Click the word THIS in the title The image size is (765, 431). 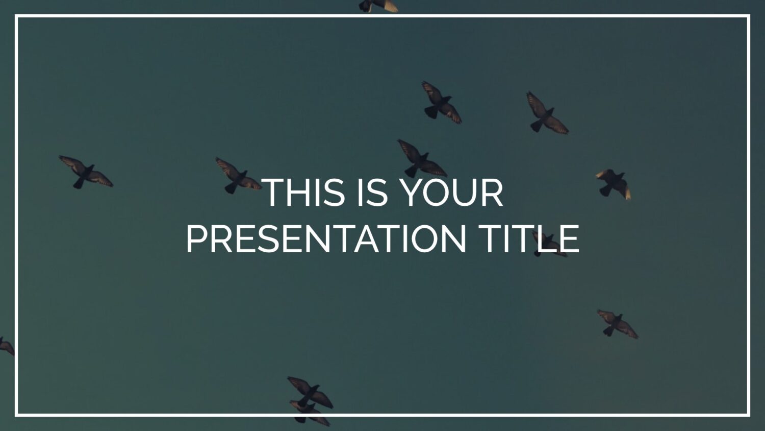coord(305,193)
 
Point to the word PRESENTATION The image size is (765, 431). coord(326,239)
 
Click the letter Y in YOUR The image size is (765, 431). coord(412,193)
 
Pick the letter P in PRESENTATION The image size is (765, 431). coord(196,239)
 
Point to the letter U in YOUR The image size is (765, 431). coord(466,193)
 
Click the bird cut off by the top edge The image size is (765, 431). coord(378,6)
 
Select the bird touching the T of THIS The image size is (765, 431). coord(238,176)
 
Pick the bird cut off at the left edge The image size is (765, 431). coord(6,346)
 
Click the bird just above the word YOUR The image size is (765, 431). coord(422,158)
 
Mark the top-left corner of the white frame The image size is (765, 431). coord(16,16)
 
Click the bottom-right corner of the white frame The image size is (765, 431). coord(749,415)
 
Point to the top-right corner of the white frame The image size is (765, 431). coord(749,16)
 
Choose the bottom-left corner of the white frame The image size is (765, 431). coord(16,415)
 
